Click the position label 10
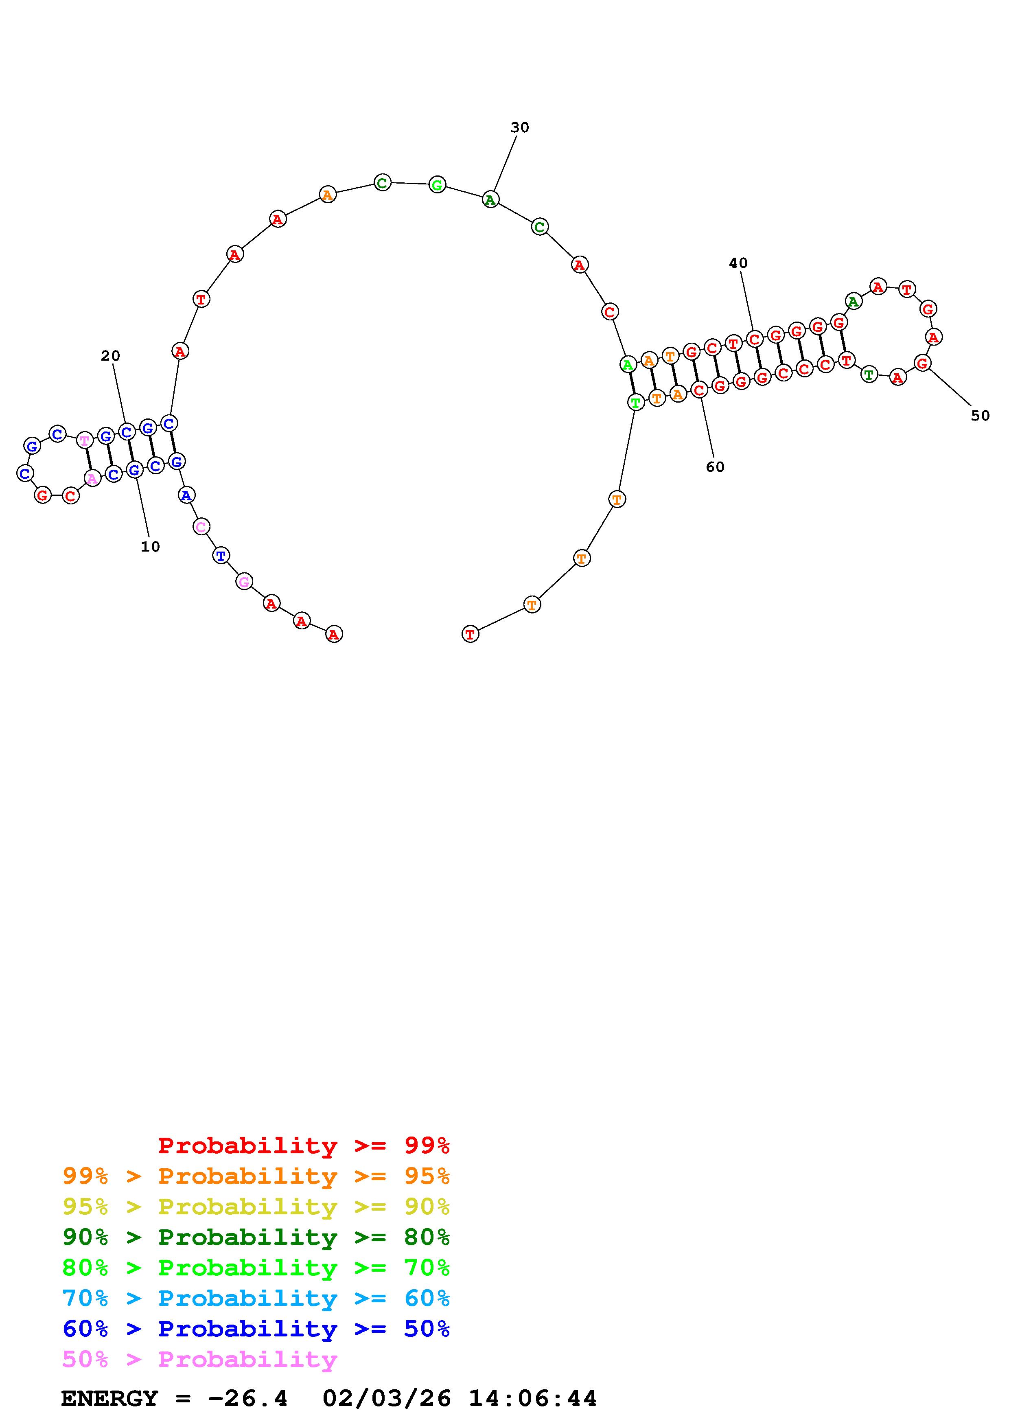coord(151,547)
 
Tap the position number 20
coord(111,356)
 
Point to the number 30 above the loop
coord(520,127)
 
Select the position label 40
coord(739,263)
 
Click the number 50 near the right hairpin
coord(981,416)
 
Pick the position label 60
coord(716,467)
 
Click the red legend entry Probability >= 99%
coord(304,1145)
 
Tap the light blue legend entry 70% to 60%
coord(256,1298)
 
